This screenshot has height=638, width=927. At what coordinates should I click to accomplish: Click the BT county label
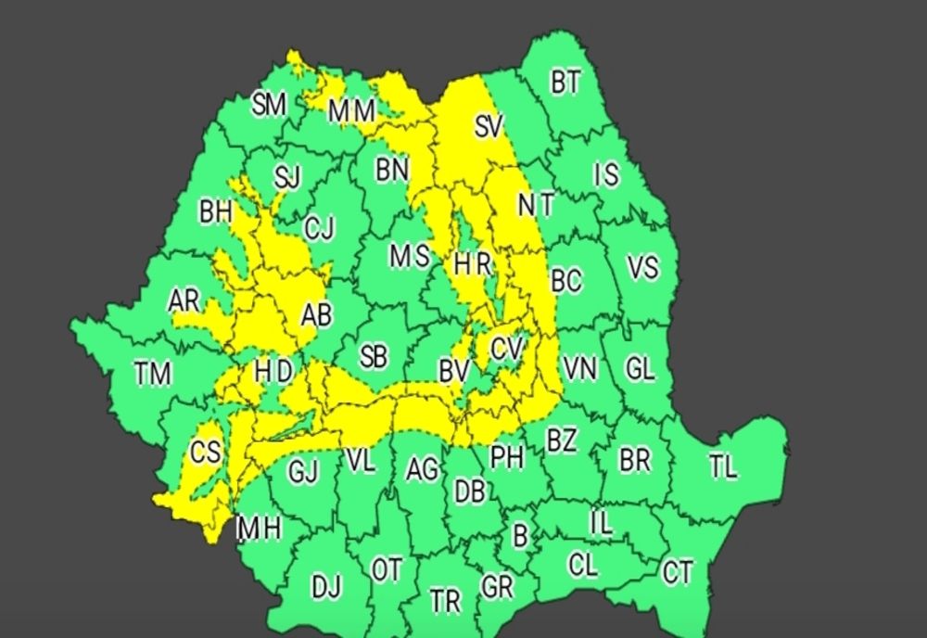pos(565,83)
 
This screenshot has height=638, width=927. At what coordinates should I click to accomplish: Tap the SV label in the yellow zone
pos(488,126)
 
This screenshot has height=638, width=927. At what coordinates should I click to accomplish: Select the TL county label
pos(723,466)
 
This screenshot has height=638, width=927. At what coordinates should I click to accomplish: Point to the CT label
pos(678,573)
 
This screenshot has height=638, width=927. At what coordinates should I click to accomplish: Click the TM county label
pos(152,374)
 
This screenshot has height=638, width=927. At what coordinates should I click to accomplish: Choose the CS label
pos(205,452)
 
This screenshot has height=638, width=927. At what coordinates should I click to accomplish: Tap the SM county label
pos(269,105)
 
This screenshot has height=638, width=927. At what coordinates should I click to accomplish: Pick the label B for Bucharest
pos(520,535)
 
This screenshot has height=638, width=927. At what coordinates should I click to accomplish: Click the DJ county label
pos(325,586)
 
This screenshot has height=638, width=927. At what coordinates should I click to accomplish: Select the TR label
pos(445,600)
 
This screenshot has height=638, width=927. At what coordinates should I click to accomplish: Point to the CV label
pos(507,349)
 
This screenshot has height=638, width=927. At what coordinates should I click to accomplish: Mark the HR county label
pos(472,264)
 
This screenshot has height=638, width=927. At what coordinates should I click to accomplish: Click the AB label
pos(316,315)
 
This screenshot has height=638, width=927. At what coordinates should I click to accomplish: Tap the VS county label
pos(642,267)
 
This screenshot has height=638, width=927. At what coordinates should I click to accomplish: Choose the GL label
pos(640,368)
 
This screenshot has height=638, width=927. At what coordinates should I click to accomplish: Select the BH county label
pos(216,211)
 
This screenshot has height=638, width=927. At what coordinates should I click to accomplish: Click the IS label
pos(606,174)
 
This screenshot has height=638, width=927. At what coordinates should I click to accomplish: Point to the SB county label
pos(374,356)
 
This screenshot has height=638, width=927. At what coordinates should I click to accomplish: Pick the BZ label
pos(561,440)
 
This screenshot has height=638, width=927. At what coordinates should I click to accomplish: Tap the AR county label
pos(184,300)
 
